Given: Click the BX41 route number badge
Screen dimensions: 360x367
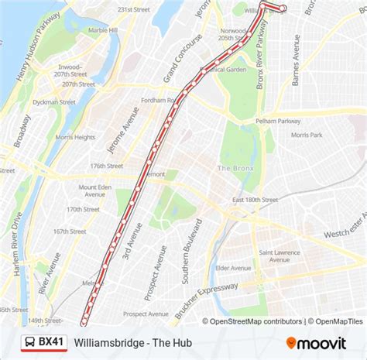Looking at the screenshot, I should [52, 341].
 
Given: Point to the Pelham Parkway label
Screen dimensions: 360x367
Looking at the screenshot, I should [277, 122].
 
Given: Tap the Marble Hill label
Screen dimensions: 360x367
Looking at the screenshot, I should [103, 30].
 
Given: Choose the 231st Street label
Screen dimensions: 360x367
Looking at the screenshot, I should [132, 9].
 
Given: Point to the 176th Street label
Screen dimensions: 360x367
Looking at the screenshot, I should [107, 166].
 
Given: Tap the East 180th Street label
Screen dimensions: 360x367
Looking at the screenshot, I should [254, 200].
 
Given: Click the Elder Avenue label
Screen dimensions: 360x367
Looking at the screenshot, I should [233, 268].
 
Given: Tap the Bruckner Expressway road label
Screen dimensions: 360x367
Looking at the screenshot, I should [206, 297].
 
